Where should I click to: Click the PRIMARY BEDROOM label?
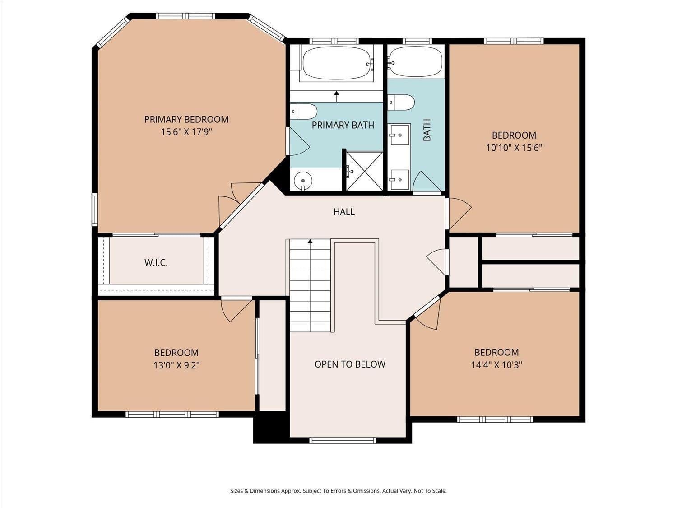[186, 119]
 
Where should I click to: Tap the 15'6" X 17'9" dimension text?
[186, 132]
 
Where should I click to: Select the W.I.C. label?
[156, 262]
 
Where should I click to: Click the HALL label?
[344, 212]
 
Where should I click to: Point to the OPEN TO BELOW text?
[350, 364]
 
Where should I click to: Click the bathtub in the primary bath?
[336, 63]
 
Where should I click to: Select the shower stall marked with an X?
[364, 171]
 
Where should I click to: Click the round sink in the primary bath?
[303, 181]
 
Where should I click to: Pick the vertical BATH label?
[427, 130]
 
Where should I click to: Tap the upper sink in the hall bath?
[399, 135]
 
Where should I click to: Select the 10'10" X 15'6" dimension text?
[514, 148]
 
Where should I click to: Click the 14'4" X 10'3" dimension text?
[496, 365]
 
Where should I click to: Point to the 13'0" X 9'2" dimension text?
[176, 365]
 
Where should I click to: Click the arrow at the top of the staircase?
[310, 242]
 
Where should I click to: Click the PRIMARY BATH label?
[343, 125]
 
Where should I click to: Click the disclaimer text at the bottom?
[338, 491]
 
